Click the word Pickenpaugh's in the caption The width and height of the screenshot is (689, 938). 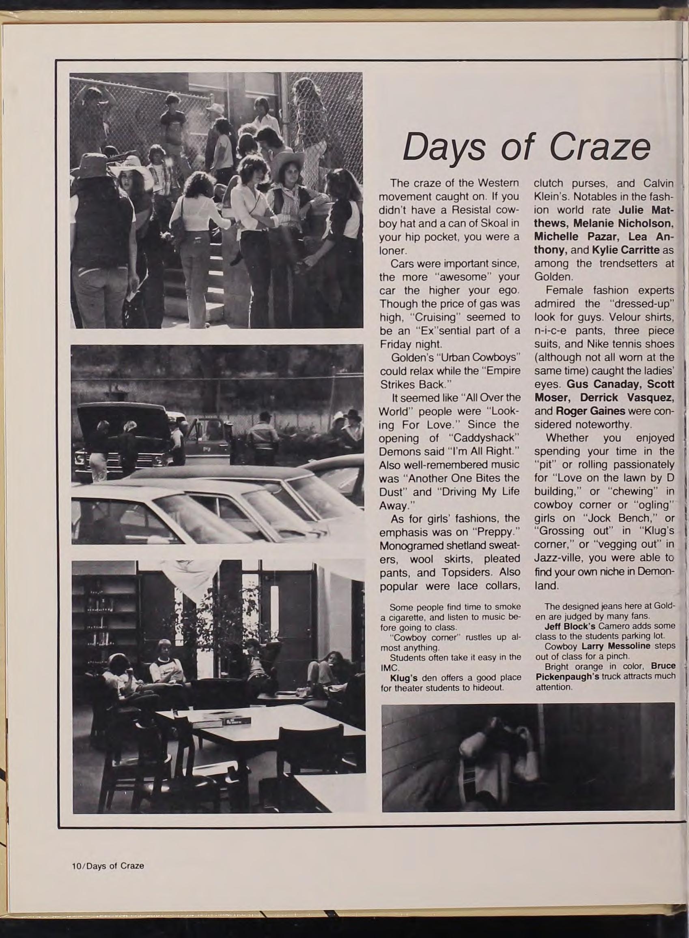click(x=567, y=676)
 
